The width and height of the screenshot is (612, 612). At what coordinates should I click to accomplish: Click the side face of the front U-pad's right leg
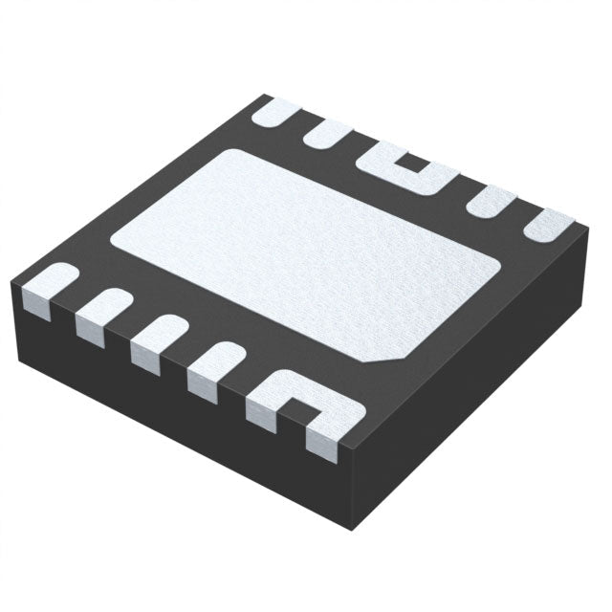click(x=322, y=442)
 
